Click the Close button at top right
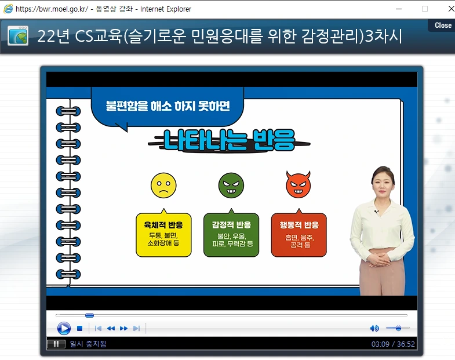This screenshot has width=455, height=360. (x=442, y=25)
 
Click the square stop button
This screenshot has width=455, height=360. (x=79, y=329)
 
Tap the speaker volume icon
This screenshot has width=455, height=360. (x=374, y=329)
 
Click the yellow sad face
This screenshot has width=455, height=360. (x=163, y=184)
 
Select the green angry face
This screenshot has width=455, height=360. (x=231, y=184)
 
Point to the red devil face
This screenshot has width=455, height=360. (x=299, y=184)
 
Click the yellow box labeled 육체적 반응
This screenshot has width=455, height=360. (x=163, y=234)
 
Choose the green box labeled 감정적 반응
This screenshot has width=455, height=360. (x=231, y=234)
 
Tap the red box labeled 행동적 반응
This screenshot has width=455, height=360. (x=299, y=234)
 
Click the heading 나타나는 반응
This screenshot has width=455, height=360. (x=229, y=140)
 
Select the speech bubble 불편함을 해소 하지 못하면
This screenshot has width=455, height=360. (x=168, y=106)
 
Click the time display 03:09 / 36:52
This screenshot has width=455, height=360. (x=393, y=344)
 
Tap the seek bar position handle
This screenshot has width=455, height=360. (x=89, y=315)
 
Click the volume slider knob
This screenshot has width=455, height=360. (x=398, y=329)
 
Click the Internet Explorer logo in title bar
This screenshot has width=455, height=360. (x=8, y=9)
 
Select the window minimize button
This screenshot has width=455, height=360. (x=398, y=9)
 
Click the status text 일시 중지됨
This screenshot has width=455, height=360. (x=88, y=344)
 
